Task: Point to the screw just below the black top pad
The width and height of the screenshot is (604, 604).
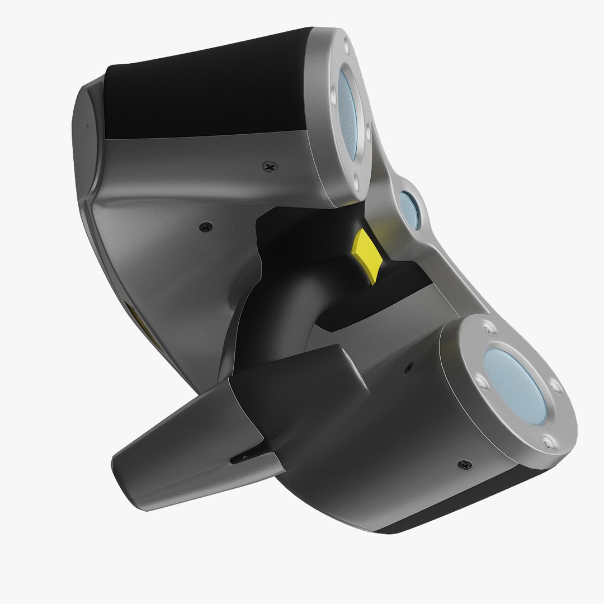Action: pos(270,166)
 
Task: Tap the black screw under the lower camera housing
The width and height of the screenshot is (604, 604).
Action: pos(464,464)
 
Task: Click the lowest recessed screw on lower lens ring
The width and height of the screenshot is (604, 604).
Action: pos(546,443)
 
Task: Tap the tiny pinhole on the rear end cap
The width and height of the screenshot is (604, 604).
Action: pos(87,126)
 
